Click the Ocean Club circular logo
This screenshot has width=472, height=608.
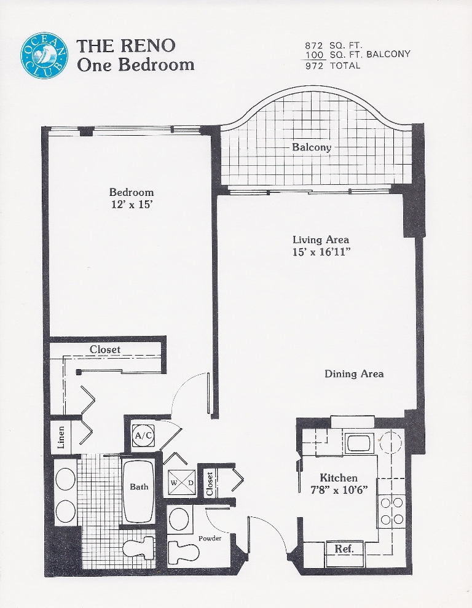coord(44,56)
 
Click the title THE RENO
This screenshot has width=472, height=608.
coord(126,46)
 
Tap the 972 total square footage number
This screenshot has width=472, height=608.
coord(314,66)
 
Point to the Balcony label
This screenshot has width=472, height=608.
coord(312,147)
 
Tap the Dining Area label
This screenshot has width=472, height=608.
coord(354,374)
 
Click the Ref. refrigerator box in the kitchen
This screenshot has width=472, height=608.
coord(344,549)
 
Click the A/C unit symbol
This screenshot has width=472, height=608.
coord(143,435)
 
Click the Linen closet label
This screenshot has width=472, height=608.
coord(61,437)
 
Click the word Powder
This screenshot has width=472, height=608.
coord(210,539)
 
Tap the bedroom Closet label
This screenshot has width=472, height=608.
coord(105,349)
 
